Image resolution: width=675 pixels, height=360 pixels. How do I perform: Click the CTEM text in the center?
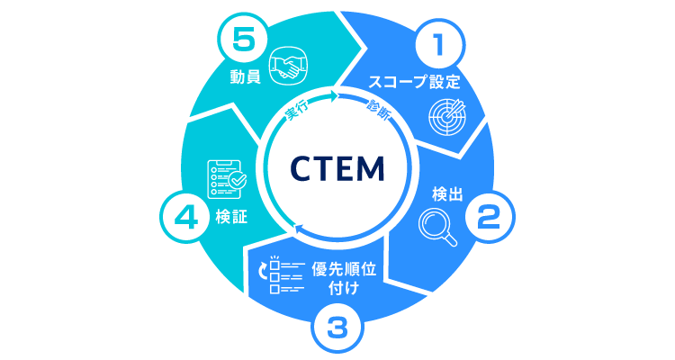337,167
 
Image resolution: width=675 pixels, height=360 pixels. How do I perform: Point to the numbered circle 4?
184,216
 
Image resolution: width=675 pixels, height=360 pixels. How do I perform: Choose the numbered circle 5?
236,42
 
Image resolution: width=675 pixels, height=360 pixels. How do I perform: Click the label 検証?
231,217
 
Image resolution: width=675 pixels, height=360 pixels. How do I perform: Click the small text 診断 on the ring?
379,111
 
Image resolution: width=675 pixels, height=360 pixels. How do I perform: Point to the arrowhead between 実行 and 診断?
336,97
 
